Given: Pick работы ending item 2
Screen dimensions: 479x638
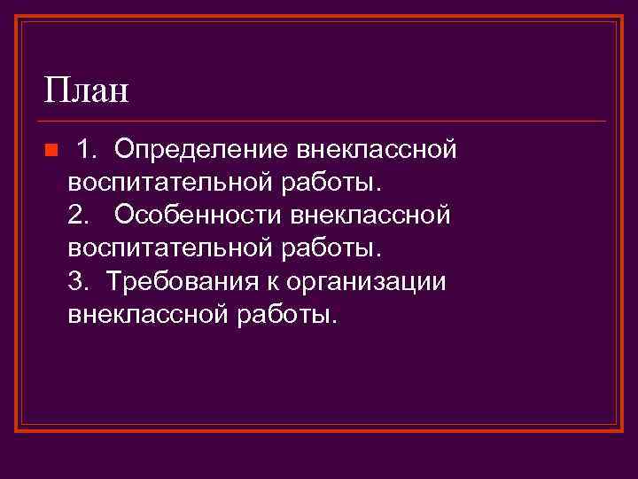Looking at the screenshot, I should [331, 248].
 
